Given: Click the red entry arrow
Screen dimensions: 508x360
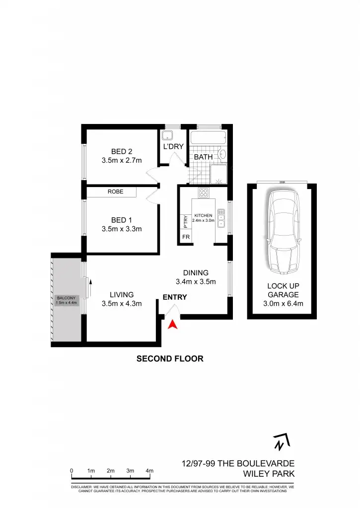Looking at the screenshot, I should click(172, 325).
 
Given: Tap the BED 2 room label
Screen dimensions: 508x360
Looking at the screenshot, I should click(122, 156).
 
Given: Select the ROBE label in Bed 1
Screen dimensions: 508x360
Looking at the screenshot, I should click(116, 191).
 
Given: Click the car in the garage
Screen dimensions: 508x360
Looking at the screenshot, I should click(283, 231).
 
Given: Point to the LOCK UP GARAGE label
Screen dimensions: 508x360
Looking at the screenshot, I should click(283, 295).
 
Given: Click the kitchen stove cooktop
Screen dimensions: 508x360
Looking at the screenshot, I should click(203, 192).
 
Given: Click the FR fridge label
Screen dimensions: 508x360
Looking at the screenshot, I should click(186, 238).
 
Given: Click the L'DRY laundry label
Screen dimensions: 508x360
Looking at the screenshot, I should click(173, 146).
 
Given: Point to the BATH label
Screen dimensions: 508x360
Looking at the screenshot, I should click(203, 157).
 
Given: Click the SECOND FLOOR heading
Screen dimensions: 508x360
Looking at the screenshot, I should click(170, 359).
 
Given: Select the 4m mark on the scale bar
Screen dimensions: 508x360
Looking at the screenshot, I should click(149, 470).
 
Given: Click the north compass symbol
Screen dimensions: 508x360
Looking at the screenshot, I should click(281, 442).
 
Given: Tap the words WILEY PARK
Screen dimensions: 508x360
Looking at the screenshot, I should click(272, 474).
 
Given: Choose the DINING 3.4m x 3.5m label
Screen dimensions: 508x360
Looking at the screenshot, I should click(196, 278).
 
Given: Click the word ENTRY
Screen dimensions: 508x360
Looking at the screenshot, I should click(175, 297).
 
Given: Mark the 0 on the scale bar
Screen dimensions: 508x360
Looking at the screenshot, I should click(72, 470).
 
